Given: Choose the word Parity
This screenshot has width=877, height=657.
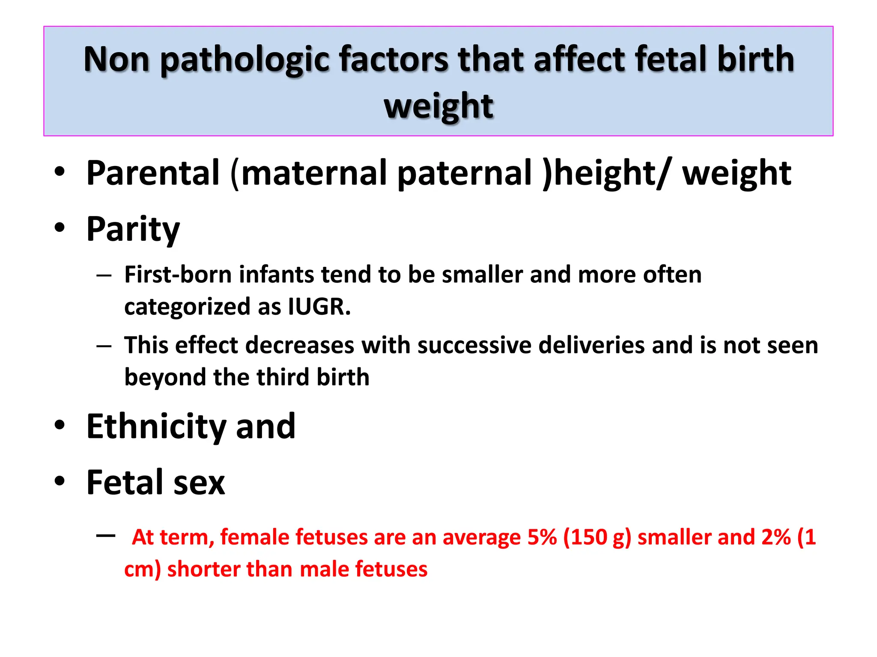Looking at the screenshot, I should coord(133,229).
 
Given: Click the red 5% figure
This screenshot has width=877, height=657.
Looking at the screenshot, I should coord(542,537).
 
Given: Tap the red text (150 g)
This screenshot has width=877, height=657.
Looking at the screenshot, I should coord(597,537).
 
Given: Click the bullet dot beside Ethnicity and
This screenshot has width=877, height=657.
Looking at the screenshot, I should coord(60,425).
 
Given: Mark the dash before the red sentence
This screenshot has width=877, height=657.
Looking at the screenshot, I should coord(106,535).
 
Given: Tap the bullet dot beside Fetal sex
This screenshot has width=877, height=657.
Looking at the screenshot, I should coord(60,481).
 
